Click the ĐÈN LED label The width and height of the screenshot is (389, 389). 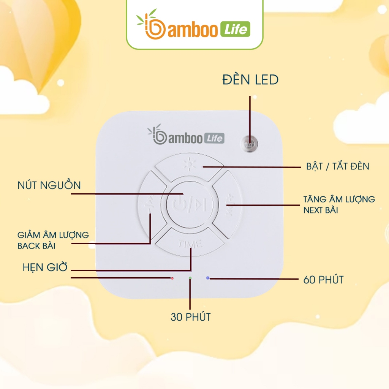point(250,80)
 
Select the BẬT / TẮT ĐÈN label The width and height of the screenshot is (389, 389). point(337,166)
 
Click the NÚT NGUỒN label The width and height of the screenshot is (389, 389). point(49,185)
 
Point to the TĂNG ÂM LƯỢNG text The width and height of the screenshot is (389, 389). point(339,199)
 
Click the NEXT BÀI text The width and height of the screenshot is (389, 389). point(321,210)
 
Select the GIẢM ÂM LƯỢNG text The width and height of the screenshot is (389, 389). point(53,235)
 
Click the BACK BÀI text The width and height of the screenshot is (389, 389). point(36,246)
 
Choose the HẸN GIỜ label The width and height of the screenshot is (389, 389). point(44,267)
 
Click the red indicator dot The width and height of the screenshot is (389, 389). point(172,278)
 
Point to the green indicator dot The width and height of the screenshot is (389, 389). point(190,278)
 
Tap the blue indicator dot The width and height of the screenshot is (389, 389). point(207,278)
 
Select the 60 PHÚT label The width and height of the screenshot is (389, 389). point(323,280)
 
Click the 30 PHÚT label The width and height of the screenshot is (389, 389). point(190,317)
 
